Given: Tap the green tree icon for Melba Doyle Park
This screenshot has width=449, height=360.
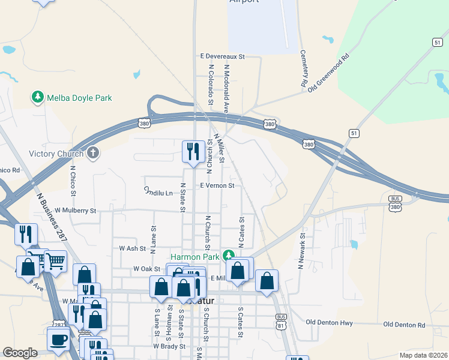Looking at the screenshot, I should click(38, 97).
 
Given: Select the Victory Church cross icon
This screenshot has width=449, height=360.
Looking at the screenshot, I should click(92, 154).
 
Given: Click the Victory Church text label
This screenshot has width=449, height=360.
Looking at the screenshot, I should click(56, 154).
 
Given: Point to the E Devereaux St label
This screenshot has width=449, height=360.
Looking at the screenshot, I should click(223, 56).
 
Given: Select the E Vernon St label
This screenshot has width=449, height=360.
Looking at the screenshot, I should click(217, 186).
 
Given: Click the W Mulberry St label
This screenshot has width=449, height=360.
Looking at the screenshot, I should click(75, 211).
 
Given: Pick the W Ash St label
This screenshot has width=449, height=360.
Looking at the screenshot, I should click(133, 248).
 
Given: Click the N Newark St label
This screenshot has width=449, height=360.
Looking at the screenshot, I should click(302, 250).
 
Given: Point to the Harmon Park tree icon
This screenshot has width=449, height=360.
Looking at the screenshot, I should click(228, 256).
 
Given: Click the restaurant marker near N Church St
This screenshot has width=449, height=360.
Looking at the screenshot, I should click(193, 151).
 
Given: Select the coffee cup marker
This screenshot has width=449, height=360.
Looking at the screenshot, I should click(59, 340).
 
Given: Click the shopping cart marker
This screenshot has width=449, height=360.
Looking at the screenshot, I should click(55, 261).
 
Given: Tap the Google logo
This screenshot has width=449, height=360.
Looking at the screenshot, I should click(20, 353).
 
